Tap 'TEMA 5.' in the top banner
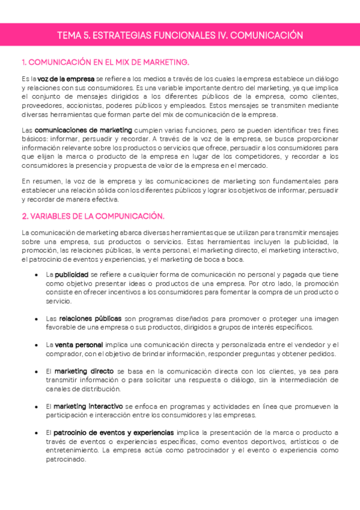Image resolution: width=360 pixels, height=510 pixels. [72, 35]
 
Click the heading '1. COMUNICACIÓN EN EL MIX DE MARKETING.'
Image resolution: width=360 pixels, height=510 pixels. [105, 62]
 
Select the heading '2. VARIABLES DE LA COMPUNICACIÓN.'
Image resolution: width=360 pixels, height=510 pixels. [93, 216]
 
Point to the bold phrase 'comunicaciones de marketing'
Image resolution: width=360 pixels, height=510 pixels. [84, 129]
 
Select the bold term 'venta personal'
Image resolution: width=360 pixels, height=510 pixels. [79, 345]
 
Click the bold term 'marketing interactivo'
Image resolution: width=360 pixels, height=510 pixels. [88, 406]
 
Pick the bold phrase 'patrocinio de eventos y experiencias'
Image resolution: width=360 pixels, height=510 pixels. [114, 432]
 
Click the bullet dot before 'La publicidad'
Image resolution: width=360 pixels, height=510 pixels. [38, 275]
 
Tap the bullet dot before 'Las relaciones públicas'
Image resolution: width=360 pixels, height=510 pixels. [38, 318]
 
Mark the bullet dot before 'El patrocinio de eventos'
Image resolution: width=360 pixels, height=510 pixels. [38, 433]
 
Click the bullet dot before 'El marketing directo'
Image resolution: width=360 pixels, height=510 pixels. [38, 372]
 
